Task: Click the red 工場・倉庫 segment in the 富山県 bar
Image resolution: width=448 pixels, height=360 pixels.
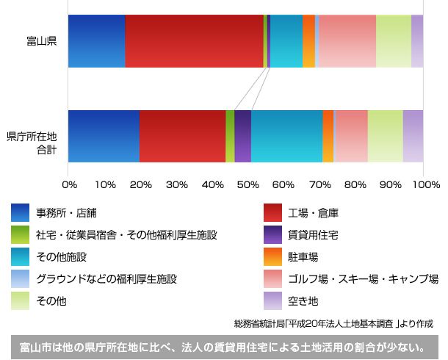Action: coord(194,41)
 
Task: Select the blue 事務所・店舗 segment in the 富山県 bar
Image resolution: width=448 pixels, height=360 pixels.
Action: coord(96,41)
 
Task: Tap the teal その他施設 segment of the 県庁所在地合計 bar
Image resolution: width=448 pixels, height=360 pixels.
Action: coord(286,136)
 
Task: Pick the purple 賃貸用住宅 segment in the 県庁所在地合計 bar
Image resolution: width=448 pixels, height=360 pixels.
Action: coord(242,136)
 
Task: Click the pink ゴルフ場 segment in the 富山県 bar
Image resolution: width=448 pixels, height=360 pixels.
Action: coord(347,41)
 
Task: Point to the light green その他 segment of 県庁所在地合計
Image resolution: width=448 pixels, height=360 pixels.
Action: coord(385,136)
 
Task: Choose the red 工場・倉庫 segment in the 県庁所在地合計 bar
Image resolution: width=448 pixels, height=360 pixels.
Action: coord(182,136)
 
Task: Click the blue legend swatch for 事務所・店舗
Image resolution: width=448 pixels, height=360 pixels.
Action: coord(21,214)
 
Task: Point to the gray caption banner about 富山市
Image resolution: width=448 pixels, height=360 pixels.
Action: coord(224,345)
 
